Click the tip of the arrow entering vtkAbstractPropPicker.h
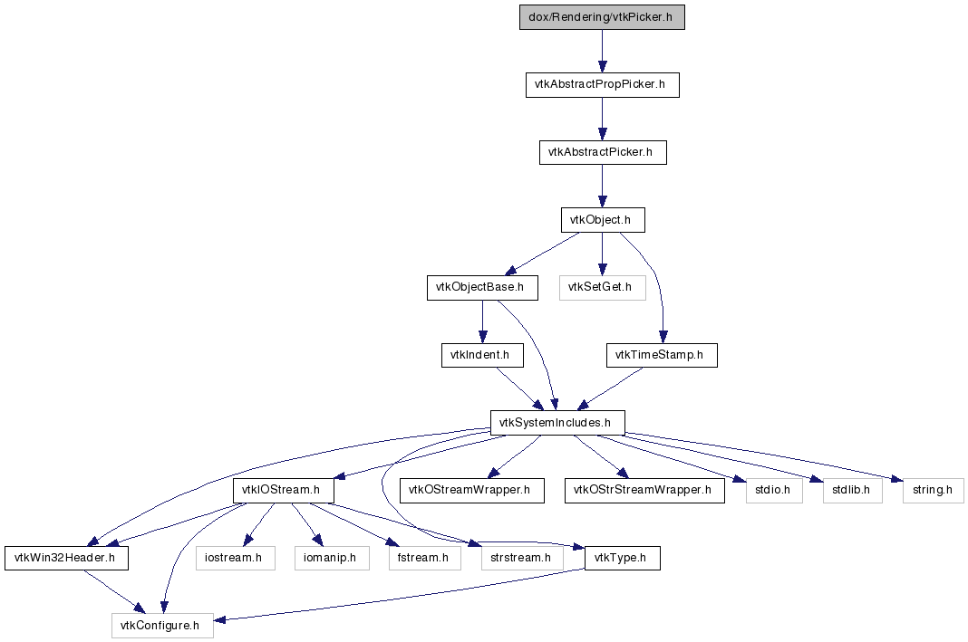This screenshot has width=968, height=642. [x=602, y=72]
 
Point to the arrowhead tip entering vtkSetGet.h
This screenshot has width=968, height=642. [x=602, y=276]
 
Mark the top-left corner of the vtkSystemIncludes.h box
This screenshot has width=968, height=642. [x=490, y=411]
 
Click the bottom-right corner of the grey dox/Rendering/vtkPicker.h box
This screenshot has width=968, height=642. [x=684, y=29]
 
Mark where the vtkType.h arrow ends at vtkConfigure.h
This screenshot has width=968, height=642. [x=214, y=619]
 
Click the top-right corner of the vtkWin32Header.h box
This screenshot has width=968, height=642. [x=129, y=546]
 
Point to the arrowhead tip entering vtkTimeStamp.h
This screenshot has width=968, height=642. [x=663, y=343]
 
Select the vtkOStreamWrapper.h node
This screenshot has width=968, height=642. [x=472, y=491]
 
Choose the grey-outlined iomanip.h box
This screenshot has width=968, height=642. [x=332, y=558]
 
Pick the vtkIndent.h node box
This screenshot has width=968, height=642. [x=483, y=355]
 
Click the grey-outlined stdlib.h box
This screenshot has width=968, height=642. [x=853, y=491]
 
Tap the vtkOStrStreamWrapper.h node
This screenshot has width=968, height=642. [x=644, y=491]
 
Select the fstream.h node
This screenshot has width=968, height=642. [x=425, y=558]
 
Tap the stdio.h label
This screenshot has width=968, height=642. [x=774, y=490]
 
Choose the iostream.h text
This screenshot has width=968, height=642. [x=236, y=558]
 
